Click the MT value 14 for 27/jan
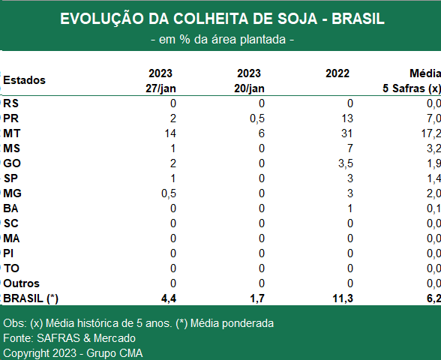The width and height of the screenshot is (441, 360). click(170, 133)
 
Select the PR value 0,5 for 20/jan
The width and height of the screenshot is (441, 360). click(257, 118)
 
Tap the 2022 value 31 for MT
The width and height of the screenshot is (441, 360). click(346, 133)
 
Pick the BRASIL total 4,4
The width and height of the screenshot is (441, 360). click(169, 298)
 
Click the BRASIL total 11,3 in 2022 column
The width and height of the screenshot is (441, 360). click(343, 298)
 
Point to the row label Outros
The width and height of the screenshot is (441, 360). click(21, 283)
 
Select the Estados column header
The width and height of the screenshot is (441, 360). click(24, 80)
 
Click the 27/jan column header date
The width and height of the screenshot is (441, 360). click(160, 88)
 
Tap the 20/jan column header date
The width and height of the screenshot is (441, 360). click(249, 88)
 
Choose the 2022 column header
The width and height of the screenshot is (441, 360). click(337, 73)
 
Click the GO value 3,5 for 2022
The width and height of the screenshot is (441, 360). click(345, 163)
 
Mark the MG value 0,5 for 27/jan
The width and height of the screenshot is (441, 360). click(169, 193)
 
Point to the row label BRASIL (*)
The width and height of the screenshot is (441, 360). click(31, 298)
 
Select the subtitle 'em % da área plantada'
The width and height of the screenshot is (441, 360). click(223, 40)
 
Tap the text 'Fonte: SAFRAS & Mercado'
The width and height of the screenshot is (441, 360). click(69, 338)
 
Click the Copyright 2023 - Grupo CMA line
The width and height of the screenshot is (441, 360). click(73, 353)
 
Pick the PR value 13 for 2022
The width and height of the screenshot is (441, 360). click(346, 118)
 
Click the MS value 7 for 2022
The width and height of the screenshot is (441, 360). click(349, 148)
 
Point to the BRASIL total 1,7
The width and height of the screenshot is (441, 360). click(257, 298)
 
